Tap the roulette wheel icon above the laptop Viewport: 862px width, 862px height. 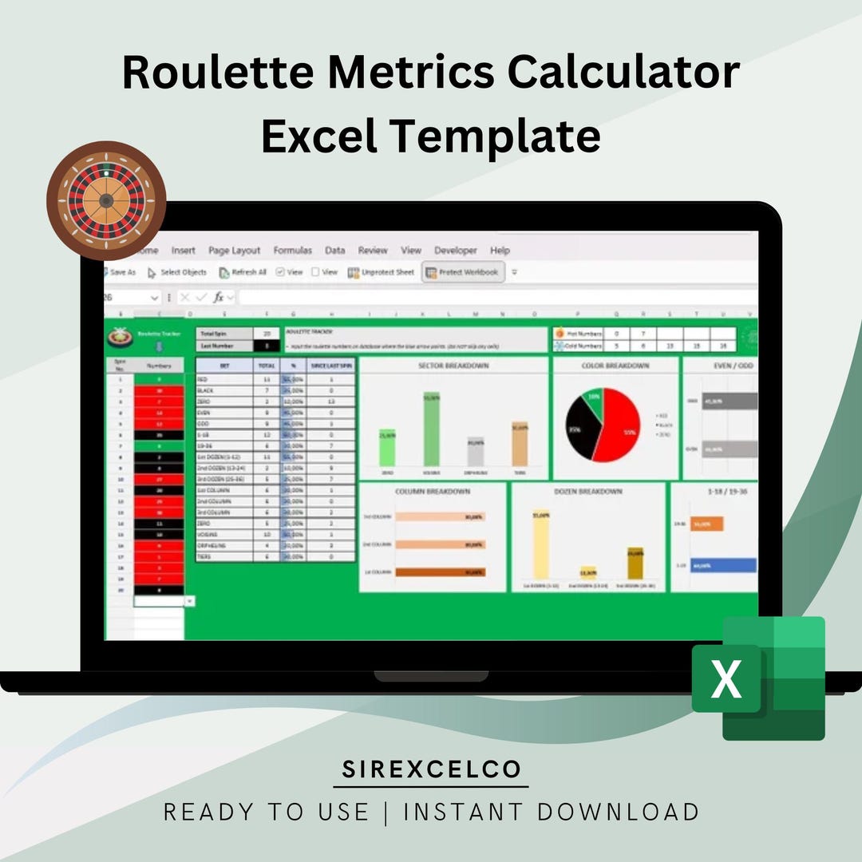pyautogui.click(x=106, y=200)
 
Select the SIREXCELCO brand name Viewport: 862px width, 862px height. pyautogui.click(x=431, y=769)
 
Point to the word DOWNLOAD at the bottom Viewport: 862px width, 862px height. pyautogui.click(x=619, y=813)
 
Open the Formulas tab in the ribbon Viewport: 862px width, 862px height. pyautogui.click(x=292, y=251)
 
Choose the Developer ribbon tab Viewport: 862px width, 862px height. pyautogui.click(x=456, y=251)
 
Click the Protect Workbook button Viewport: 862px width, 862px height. pyautogui.click(x=463, y=272)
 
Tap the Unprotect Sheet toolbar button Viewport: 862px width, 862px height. pyautogui.click(x=382, y=272)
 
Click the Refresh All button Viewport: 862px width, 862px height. pyautogui.click(x=243, y=272)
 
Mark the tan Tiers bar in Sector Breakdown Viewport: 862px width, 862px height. pyautogui.click(x=520, y=444)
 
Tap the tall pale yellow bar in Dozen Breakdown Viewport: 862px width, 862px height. pyautogui.click(x=540, y=546)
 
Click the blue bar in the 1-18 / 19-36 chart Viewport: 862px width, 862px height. pyautogui.click(x=723, y=565)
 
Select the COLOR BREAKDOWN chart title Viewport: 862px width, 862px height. pyautogui.click(x=615, y=366)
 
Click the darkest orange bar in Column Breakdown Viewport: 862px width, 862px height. pyautogui.click(x=440, y=571)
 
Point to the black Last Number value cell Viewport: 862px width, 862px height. pyautogui.click(x=267, y=346)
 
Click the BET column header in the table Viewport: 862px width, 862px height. pyautogui.click(x=224, y=365)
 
